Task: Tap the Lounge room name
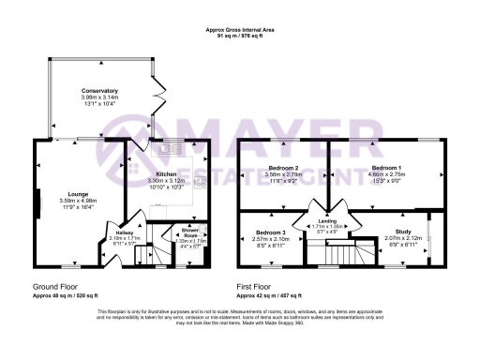[78, 193]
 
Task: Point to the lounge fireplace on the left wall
[39, 203]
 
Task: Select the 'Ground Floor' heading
[54, 286]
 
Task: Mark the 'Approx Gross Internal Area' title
[239, 31]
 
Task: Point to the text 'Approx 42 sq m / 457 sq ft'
[278, 294]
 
